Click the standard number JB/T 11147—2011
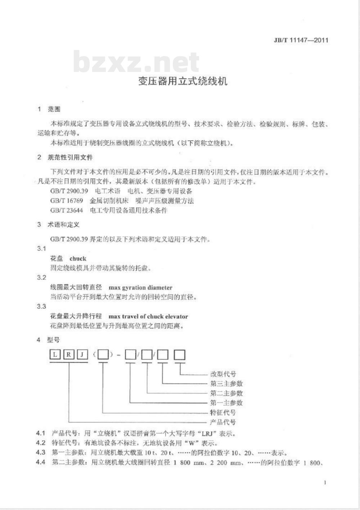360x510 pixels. click(x=301, y=40)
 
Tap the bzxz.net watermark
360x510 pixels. click(x=136, y=62)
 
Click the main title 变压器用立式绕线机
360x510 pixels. click(x=183, y=81)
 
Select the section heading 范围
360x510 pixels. click(x=54, y=109)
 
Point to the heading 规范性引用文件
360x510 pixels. click(x=70, y=157)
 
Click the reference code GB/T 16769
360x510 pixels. click(x=67, y=201)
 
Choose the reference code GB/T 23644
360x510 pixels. click(x=67, y=210)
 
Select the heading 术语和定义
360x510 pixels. click(x=63, y=225)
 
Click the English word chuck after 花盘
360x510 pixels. click(x=78, y=259)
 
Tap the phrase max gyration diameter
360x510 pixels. click(x=140, y=288)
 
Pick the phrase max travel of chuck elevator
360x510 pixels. click(x=148, y=317)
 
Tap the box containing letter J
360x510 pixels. click(x=82, y=355)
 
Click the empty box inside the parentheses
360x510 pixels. click(x=103, y=355)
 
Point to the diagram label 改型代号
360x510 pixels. click(x=223, y=374)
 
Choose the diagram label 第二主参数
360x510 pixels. click(x=226, y=393)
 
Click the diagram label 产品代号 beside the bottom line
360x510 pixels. click(x=223, y=422)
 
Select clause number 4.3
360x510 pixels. click(x=41, y=453)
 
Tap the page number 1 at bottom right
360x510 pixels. click(x=325, y=482)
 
